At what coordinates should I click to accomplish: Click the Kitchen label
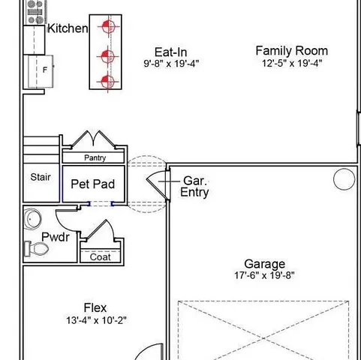(68, 28)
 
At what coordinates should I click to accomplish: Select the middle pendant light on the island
(107, 54)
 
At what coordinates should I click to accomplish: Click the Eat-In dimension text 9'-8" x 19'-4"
(170, 64)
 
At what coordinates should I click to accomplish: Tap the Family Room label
(291, 51)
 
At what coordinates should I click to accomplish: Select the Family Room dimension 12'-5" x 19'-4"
(291, 64)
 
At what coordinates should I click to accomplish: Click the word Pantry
(95, 158)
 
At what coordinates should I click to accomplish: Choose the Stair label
(41, 178)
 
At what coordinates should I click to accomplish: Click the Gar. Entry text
(194, 187)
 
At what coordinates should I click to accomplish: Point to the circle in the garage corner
(344, 178)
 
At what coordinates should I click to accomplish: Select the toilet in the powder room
(34, 247)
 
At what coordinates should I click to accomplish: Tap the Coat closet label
(100, 256)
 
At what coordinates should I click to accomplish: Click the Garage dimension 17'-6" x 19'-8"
(264, 275)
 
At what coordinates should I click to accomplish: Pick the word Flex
(95, 307)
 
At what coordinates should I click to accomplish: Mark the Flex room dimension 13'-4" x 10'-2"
(96, 320)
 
